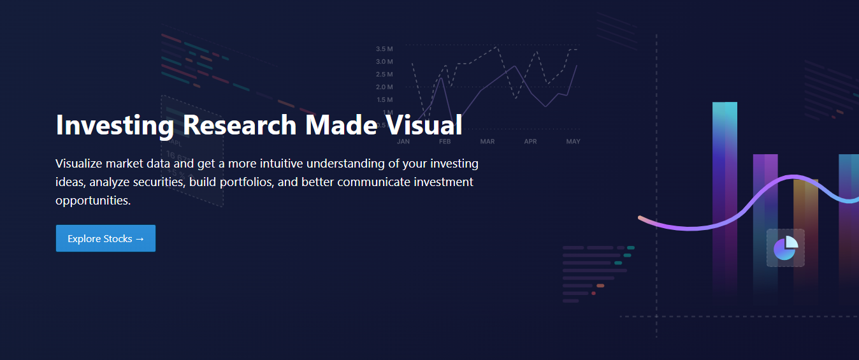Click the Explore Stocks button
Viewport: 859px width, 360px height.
pos(105,238)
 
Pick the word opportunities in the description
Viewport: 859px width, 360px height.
pos(92,200)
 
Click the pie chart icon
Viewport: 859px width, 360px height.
pos(786,248)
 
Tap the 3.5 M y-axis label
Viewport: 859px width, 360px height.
pos(384,49)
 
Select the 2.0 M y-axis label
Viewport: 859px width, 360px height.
pos(384,87)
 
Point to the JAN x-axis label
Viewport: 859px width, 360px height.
pos(403,141)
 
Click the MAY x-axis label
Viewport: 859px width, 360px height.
pos(573,141)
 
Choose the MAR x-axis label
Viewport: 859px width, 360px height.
pos(487,141)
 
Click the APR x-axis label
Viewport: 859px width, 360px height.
pos(530,141)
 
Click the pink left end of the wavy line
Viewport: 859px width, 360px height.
pos(640,218)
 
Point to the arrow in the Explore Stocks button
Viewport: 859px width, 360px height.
pos(140,239)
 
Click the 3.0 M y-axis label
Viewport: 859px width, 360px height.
pos(384,62)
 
